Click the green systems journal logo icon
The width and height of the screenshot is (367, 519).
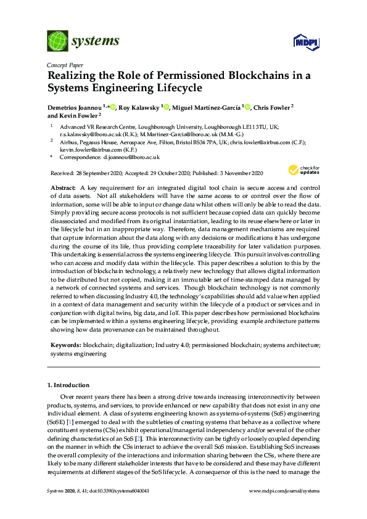(x=57, y=41)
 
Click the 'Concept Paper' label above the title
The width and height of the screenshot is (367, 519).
(x=65, y=63)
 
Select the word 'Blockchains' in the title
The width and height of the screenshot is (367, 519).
(x=254, y=76)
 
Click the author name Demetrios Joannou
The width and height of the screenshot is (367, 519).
(x=74, y=107)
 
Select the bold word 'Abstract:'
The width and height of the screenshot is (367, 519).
(x=63, y=186)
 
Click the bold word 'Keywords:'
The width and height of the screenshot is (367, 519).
(x=65, y=346)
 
